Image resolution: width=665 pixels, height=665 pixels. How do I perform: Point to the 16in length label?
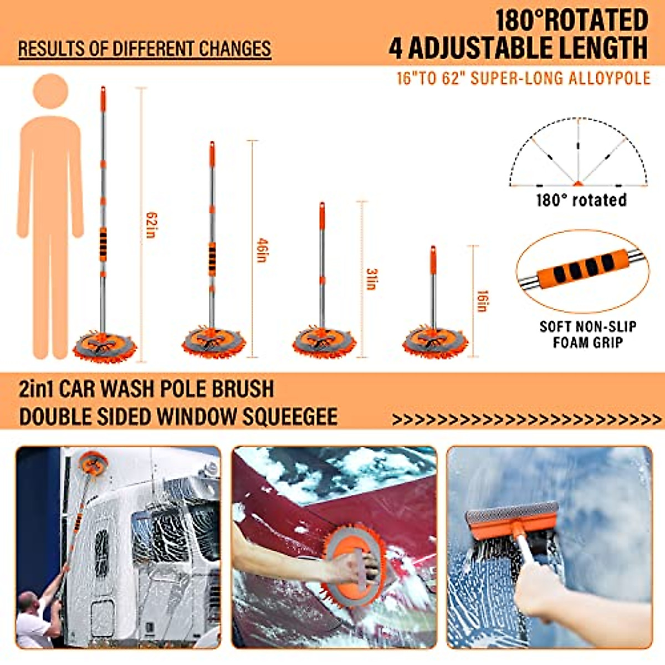pos(482,301)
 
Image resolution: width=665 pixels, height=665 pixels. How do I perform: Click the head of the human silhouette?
pos(50,92)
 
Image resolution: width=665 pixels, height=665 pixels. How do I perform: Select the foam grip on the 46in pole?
pos(212,258)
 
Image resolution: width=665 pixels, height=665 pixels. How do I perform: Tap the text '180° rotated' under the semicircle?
pos(581,200)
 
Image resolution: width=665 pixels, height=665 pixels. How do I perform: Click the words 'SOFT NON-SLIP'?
pos(587,326)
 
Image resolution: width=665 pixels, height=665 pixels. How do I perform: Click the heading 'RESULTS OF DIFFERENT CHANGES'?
pos(145,49)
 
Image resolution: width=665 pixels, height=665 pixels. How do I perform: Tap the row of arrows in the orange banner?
pos(526,420)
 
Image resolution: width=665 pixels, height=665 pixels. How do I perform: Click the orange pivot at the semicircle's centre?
pos(578,183)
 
